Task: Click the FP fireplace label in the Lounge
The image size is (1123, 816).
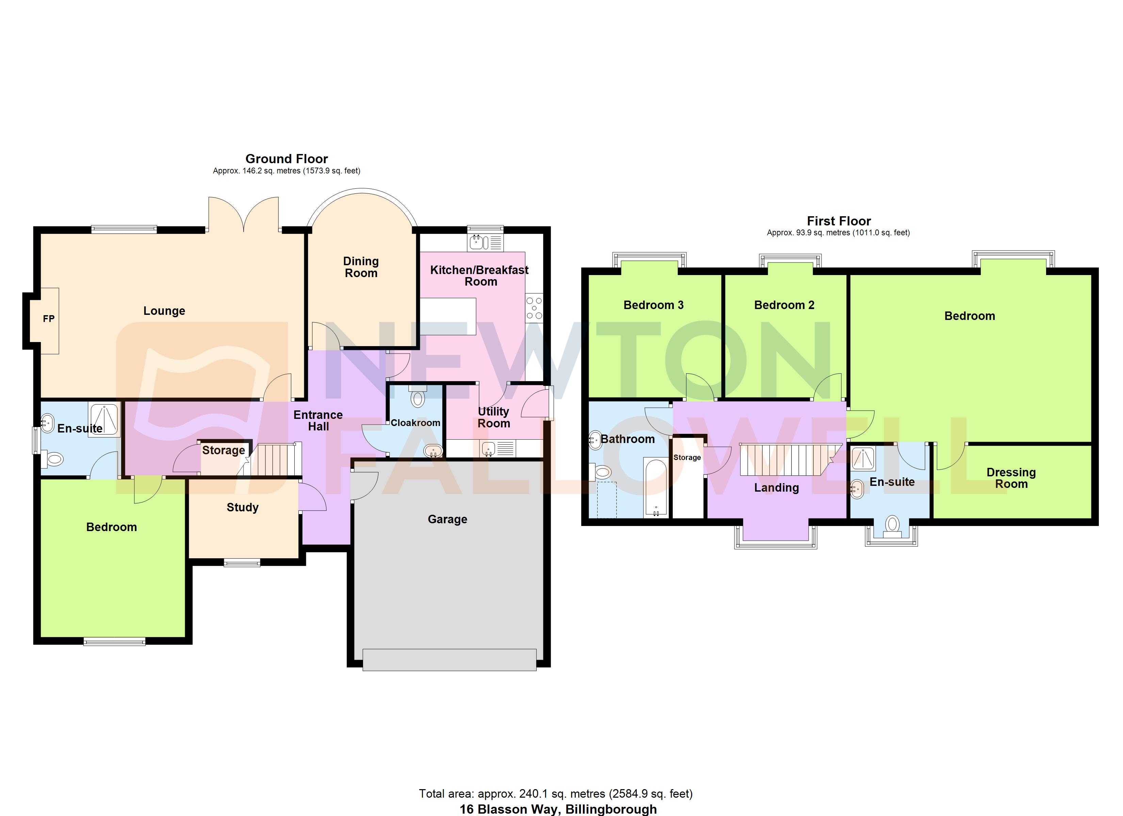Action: coord(49,319)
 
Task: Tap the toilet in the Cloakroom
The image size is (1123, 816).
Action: coord(418,398)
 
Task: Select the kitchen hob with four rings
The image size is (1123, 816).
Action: coord(534,308)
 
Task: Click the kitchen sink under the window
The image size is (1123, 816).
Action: coord(476,242)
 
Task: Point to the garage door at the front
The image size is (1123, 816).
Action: coord(449,660)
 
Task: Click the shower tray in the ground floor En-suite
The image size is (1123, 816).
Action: coord(104,419)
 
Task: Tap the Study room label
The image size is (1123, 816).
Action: coord(243,507)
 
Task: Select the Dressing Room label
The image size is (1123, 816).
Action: coord(1011,478)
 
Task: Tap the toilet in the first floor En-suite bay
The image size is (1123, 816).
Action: coord(892,525)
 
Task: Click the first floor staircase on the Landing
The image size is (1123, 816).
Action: coord(787,459)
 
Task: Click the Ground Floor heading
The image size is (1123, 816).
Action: coord(286,159)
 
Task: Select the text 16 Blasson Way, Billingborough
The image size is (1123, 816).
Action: coord(558,809)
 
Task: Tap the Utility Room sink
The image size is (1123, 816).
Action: coord(489,448)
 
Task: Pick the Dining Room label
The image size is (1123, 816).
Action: coord(361,267)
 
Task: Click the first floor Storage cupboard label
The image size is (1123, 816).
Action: coord(687,457)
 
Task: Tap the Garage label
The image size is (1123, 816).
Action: coord(447,519)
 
